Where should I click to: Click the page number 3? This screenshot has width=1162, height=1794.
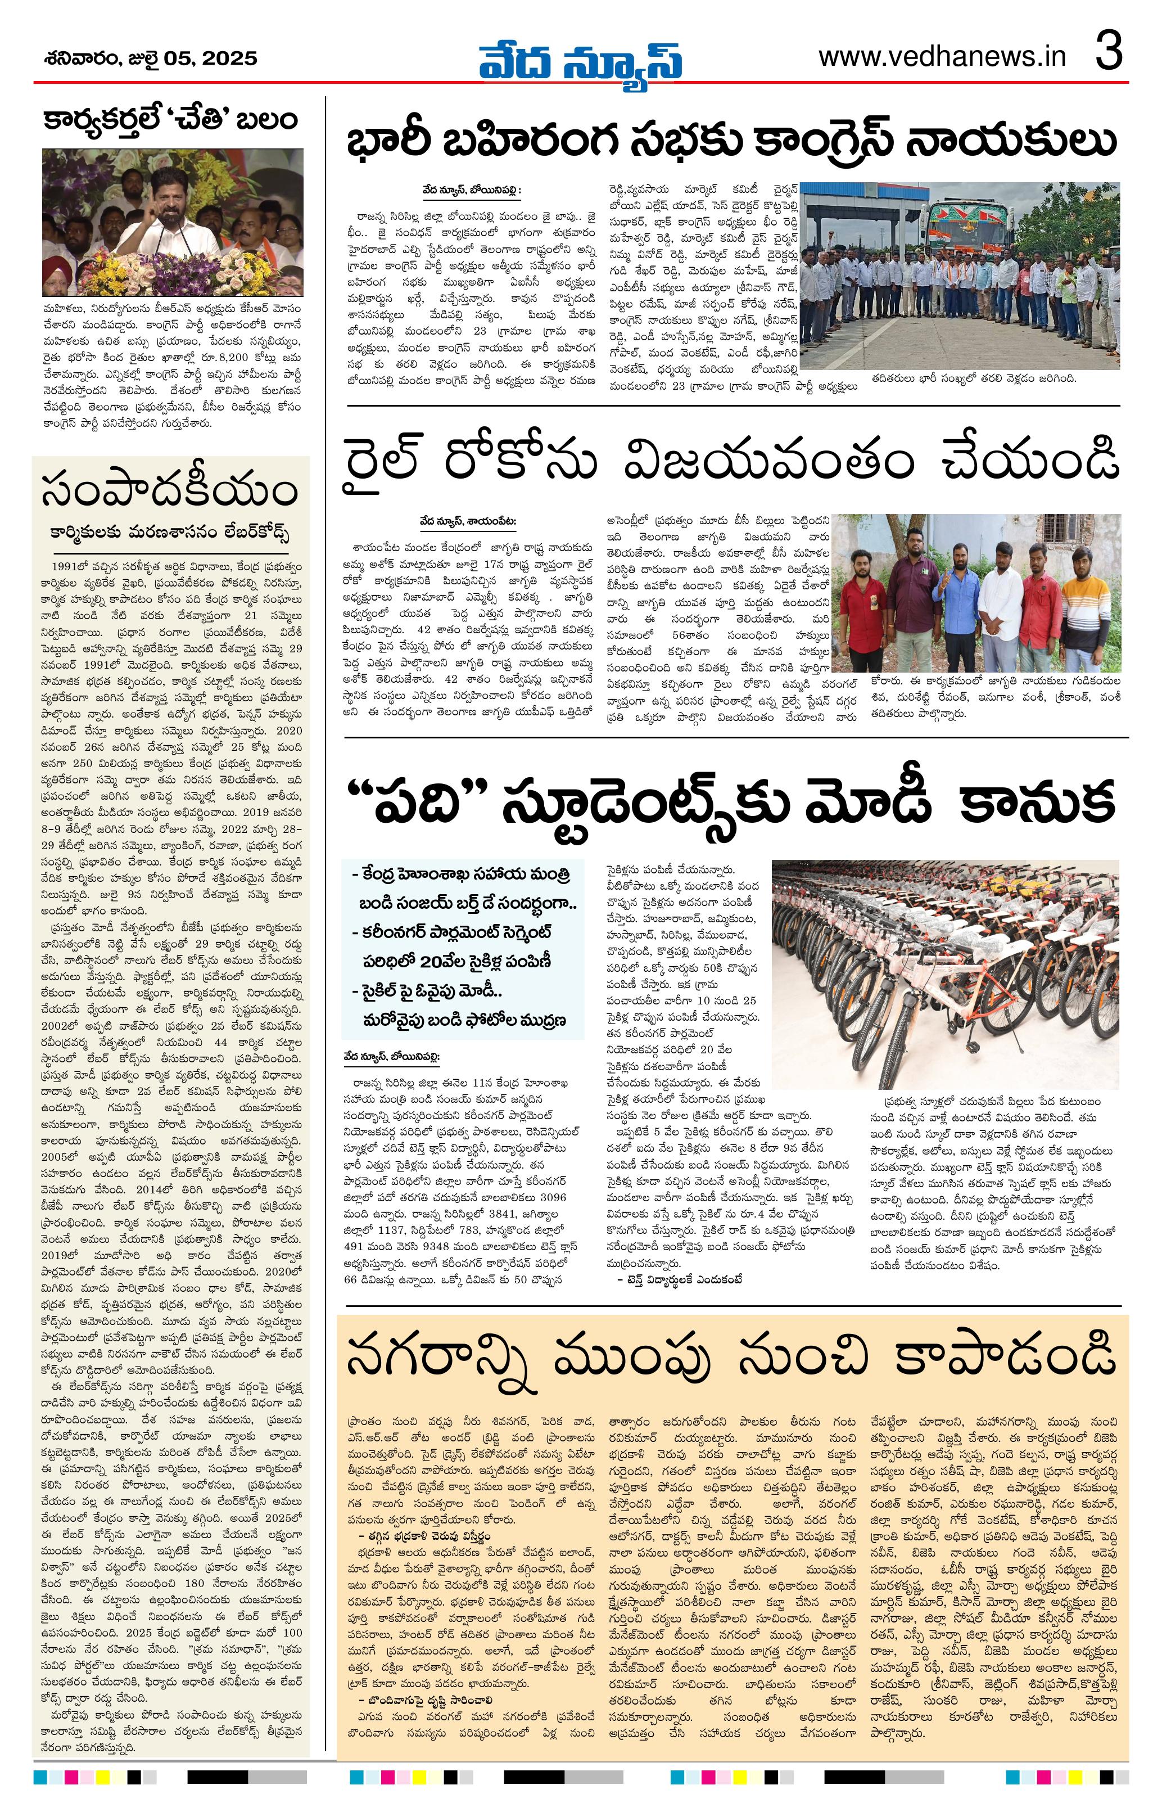pos(1109,53)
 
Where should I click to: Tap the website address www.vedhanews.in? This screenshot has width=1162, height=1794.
pos(942,57)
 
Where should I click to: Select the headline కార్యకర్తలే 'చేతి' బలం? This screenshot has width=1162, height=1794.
pos(170,120)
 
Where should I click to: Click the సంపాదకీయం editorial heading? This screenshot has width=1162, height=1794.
pos(170,490)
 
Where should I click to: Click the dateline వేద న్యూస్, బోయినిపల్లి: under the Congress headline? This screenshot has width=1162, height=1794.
pos(472,191)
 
